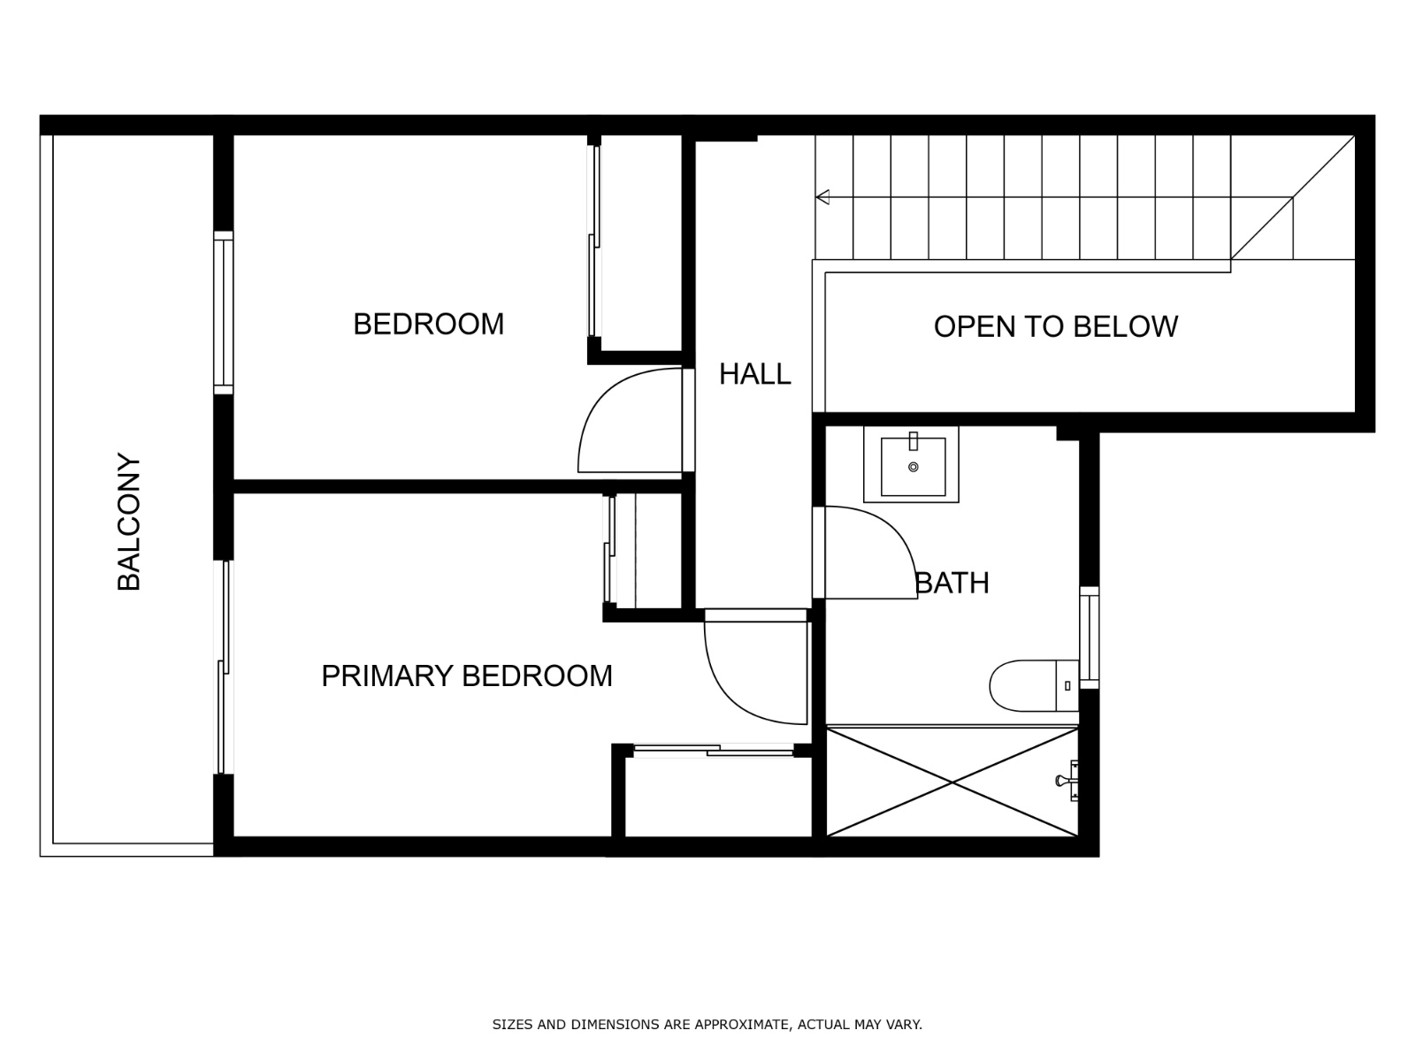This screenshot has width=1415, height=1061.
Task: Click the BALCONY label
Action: tap(129, 522)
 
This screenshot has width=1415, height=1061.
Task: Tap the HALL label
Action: tap(754, 374)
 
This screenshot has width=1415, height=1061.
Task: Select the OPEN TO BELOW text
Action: tap(1055, 326)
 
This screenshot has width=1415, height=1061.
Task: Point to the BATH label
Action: tap(952, 583)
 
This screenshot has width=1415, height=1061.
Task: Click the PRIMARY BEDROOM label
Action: tap(466, 676)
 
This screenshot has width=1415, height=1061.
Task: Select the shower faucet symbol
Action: tap(1067, 780)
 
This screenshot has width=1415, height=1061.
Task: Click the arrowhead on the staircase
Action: tap(822, 196)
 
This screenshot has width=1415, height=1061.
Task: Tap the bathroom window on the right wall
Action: tap(1090, 637)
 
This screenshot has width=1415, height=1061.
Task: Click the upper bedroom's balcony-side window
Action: tap(224, 312)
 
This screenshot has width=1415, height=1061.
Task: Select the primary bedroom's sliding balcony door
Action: tap(225, 668)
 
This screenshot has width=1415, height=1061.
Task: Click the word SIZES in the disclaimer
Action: tap(511, 1025)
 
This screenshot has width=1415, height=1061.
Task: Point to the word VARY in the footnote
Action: tap(904, 1025)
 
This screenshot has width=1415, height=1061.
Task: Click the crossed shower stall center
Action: tap(952, 781)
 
